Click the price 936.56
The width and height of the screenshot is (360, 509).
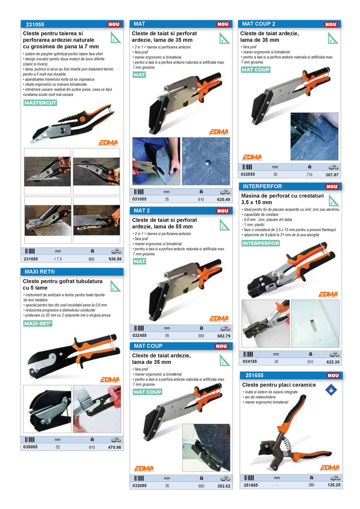click(x=115, y=259)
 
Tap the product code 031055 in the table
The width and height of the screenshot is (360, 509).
click(x=139, y=199)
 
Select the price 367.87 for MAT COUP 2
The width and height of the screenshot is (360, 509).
click(x=332, y=175)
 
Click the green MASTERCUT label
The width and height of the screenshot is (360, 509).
click(x=40, y=103)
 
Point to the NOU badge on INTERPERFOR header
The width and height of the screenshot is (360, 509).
click(x=332, y=187)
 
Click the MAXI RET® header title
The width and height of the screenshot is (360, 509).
click(x=40, y=272)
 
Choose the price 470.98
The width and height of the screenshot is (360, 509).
click(x=114, y=447)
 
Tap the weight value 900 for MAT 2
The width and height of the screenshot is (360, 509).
click(x=201, y=336)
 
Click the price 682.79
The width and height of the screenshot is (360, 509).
click(x=224, y=336)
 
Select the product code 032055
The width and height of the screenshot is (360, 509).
click(x=140, y=486)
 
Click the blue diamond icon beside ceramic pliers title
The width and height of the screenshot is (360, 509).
click(x=331, y=390)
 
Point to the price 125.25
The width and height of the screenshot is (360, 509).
click(x=334, y=485)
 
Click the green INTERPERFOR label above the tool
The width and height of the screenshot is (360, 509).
click(x=261, y=243)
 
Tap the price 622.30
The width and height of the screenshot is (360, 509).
click(x=333, y=362)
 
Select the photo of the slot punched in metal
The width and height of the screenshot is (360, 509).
click(x=315, y=324)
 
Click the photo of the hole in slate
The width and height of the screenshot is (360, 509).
click(x=206, y=161)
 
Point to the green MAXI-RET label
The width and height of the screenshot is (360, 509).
click(x=38, y=323)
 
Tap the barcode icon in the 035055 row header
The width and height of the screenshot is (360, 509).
click(x=30, y=439)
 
